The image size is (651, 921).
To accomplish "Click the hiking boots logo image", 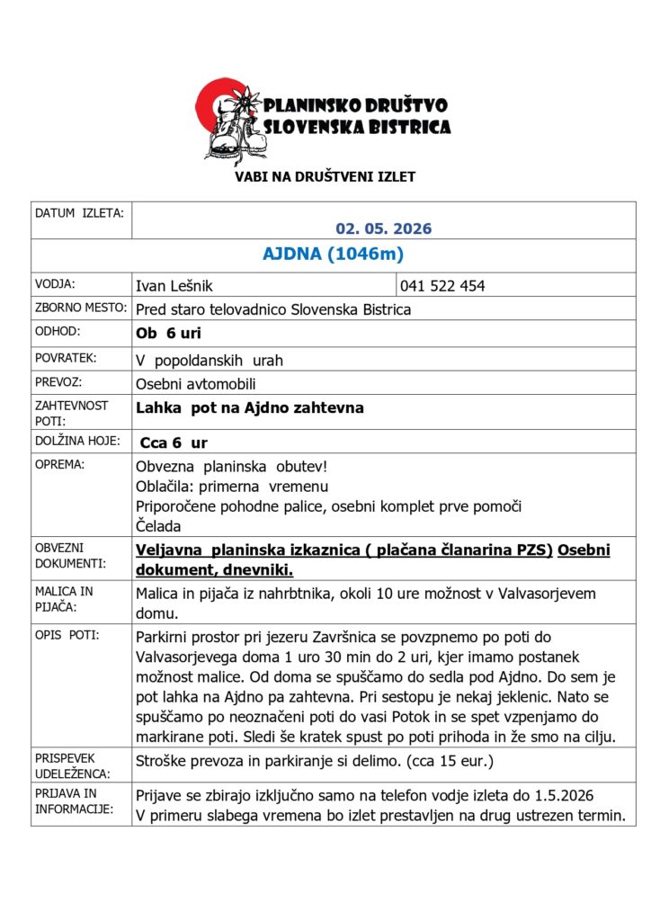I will point(229,121).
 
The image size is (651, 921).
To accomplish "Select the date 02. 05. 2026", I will point(384,228).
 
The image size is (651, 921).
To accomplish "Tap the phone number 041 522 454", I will point(443,286).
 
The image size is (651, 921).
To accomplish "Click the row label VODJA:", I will point(56,283).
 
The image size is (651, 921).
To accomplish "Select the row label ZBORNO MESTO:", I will point(78,308).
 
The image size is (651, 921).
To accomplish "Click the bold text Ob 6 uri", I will point(168,334).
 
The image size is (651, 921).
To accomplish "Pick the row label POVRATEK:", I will point(67,357).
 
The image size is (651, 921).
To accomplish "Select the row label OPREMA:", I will point(59,465).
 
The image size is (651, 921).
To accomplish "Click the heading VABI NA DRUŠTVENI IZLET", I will point(325,177).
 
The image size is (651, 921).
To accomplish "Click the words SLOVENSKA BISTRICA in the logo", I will point(356,128).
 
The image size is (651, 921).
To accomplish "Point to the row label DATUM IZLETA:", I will point(79,213).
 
